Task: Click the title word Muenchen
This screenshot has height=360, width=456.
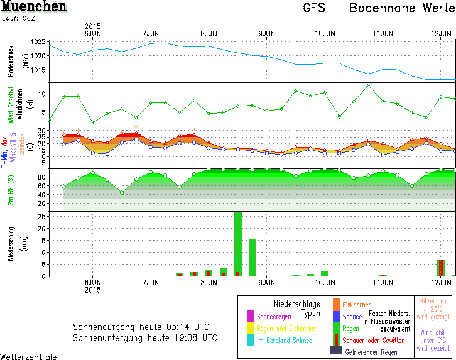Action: point(34,8)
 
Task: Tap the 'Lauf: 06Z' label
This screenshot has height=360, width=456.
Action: point(19,19)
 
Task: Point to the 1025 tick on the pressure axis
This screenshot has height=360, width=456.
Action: point(37,41)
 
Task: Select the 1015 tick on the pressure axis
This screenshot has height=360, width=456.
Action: point(37,69)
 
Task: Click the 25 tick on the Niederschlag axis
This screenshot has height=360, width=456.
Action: point(40,216)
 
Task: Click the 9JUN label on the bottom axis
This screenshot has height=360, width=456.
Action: point(266,283)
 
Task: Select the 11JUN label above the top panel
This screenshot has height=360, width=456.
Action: point(383,33)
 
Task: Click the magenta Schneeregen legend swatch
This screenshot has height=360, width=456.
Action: point(250,317)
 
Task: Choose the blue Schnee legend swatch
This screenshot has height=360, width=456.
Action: point(336,317)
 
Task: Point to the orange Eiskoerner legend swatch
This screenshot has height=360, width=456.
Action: point(336,305)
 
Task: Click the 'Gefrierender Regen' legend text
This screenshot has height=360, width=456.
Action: point(372,352)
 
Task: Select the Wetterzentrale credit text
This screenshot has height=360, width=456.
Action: point(28,356)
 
